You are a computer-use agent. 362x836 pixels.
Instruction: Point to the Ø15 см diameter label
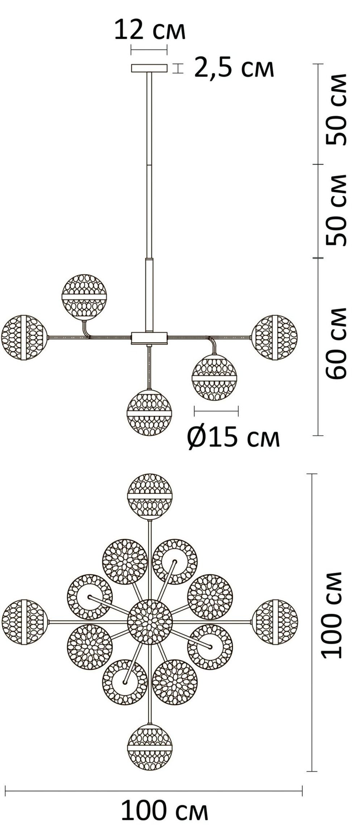pos(234,438)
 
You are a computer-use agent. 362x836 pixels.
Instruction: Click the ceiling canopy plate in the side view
pos(149,68)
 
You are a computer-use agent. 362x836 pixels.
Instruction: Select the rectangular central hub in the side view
pos(150,338)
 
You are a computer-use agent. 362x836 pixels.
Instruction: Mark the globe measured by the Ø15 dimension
pos(214,378)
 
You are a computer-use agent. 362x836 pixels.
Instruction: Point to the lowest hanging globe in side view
pos(149,413)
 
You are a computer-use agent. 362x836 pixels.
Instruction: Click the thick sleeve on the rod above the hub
pos(149,295)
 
